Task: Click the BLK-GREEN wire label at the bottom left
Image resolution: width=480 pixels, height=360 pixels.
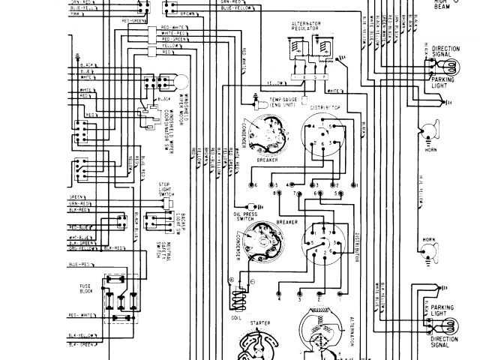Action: tap(79, 343)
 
